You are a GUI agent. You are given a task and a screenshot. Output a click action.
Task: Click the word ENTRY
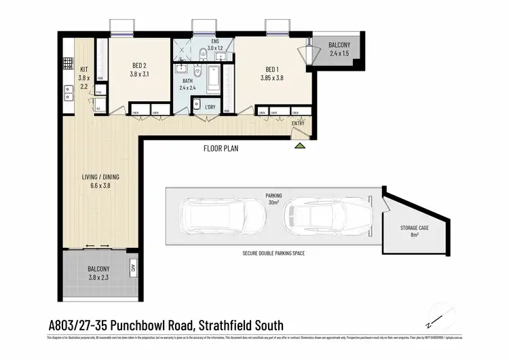click(299, 123)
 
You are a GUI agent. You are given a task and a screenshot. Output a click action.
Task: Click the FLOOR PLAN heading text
click(221, 148)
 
